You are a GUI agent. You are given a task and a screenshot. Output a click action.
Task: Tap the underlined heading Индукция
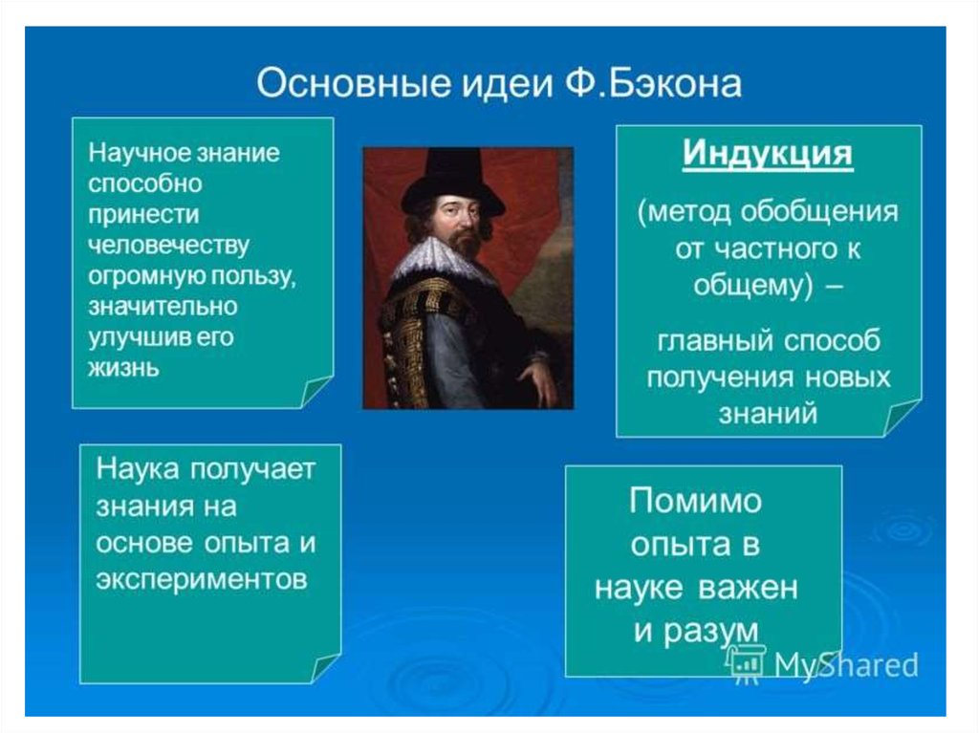click(x=768, y=153)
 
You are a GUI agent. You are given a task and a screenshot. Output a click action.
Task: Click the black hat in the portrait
click(x=452, y=180)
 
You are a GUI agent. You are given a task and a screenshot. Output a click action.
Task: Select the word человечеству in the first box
click(x=168, y=246)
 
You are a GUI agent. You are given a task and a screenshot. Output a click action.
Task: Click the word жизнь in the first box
click(x=123, y=368)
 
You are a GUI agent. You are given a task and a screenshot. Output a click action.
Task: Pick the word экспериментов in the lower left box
click(x=202, y=579)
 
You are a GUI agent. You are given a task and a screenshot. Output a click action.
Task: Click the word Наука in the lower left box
click(x=138, y=468)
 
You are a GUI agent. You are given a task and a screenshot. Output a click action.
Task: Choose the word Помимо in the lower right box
click(x=696, y=501)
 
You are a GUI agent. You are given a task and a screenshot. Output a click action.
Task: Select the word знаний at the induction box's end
click(x=768, y=414)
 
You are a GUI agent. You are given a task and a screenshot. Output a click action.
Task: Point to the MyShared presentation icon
click(x=745, y=663)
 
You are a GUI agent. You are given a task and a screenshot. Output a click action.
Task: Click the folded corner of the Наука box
click(x=325, y=668)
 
